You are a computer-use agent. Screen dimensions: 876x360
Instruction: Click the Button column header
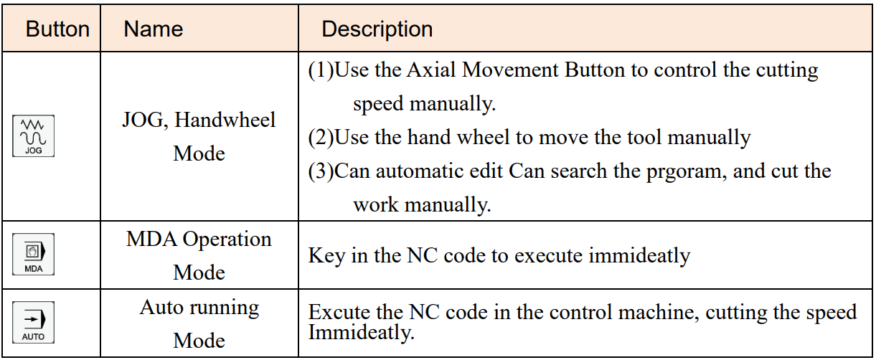[57, 29]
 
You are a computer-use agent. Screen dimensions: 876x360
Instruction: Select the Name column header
[154, 29]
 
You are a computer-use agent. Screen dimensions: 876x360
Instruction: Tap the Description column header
[377, 29]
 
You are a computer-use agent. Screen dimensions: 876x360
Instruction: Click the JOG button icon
[33, 136]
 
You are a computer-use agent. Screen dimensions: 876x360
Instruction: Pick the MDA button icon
[33, 254]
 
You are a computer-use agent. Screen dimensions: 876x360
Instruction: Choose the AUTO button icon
[33, 322]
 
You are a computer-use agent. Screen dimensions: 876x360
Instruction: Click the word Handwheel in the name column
[225, 119]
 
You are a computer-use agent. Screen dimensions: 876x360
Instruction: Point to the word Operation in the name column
[227, 240]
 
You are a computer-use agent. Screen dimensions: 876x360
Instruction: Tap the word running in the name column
[224, 308]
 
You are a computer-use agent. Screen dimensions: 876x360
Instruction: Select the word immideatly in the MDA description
[639, 256]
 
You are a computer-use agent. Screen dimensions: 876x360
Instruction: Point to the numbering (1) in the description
[321, 70]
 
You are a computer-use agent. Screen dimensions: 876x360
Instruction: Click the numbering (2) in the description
[321, 138]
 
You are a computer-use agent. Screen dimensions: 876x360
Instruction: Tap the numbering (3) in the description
[321, 171]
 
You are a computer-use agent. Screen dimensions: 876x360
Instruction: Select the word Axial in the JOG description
[431, 70]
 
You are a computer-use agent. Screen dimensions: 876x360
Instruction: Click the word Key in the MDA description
[326, 256]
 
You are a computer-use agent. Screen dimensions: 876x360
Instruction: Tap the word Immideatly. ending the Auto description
[361, 333]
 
